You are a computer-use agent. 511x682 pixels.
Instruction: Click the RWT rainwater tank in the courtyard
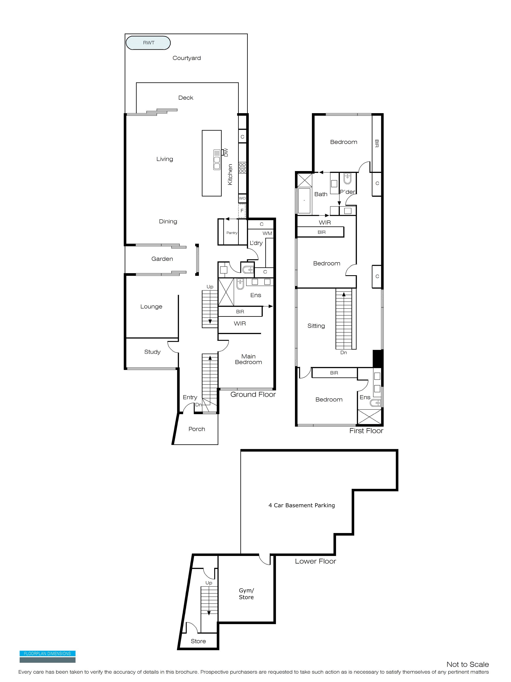point(148,43)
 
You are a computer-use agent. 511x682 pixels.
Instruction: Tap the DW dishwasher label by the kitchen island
point(226,152)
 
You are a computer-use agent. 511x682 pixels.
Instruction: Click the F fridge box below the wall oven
point(242,211)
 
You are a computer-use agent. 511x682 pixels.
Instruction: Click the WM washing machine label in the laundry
point(267,233)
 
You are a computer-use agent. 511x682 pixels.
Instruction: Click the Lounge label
point(151,307)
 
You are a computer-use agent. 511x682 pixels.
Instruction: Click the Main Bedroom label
point(249,359)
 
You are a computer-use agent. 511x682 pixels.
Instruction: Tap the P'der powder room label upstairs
point(348,192)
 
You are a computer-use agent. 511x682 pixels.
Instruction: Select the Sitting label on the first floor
point(316,326)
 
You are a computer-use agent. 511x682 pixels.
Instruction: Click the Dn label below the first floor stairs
point(343,352)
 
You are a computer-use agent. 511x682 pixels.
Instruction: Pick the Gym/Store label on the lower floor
point(247,594)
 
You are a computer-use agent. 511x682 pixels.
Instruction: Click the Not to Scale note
point(468,664)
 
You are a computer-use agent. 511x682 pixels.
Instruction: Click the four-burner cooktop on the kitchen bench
point(242,168)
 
